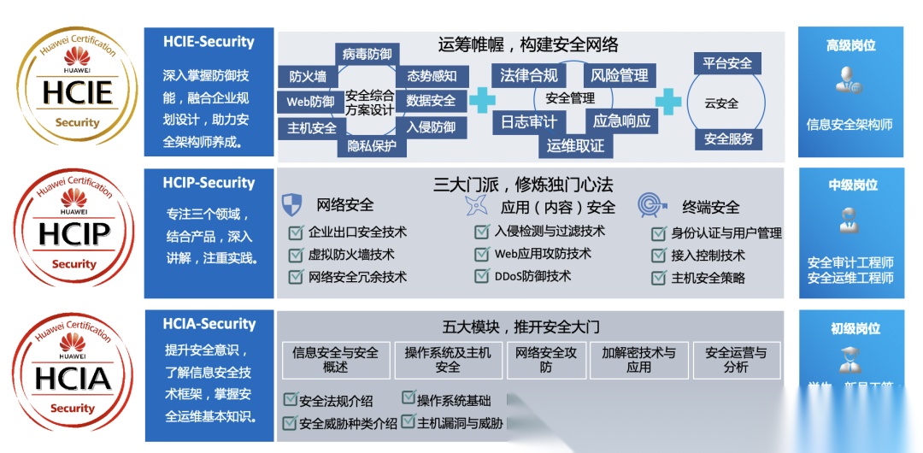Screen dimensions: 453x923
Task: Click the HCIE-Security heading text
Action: coord(209,42)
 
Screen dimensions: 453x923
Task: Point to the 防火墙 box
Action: coord(308,77)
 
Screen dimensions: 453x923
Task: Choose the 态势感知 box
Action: coord(432,76)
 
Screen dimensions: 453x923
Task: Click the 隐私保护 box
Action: coord(372,146)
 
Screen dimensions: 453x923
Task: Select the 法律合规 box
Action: coord(529,75)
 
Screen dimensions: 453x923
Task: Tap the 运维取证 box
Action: coord(575,145)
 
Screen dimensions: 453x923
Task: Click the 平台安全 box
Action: coord(728,63)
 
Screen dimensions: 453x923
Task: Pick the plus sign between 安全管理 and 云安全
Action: coord(670,99)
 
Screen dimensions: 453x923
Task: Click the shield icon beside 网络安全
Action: coord(292,206)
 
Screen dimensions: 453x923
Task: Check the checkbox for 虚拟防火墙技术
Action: coord(296,255)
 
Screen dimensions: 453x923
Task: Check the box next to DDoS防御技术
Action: coord(481,276)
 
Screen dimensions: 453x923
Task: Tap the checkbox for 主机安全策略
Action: coord(658,278)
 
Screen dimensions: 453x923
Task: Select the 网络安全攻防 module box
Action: coord(546,360)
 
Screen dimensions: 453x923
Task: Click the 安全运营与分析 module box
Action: coord(736,360)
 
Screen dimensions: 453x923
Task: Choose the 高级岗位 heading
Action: coord(850,46)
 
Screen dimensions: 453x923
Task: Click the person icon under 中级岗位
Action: coord(850,217)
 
